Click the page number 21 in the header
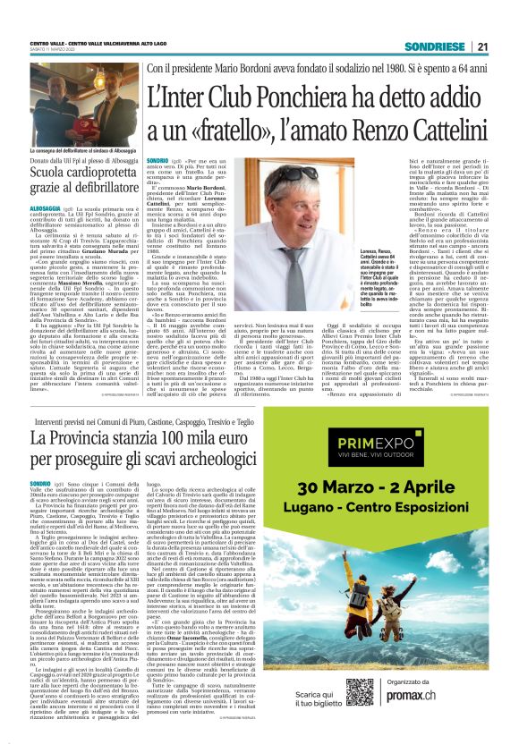tap(481, 47)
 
